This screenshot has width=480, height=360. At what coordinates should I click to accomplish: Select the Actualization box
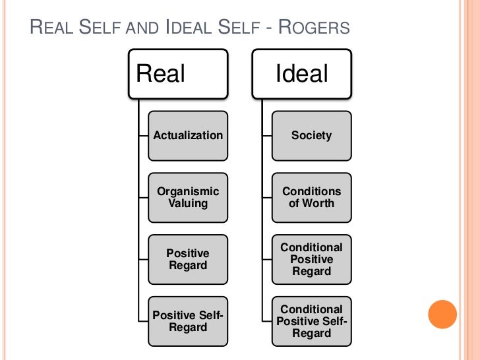click(188, 136)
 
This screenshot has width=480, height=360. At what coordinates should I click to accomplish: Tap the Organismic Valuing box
click(188, 197)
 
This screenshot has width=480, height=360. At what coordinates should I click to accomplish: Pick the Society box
click(311, 136)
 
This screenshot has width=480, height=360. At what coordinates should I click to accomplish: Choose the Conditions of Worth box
click(311, 197)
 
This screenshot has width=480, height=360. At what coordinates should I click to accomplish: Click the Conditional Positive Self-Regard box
click(311, 321)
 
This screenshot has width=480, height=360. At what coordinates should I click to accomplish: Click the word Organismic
click(188, 191)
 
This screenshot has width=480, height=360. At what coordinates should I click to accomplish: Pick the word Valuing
click(188, 203)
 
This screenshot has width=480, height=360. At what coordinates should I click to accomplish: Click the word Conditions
click(311, 191)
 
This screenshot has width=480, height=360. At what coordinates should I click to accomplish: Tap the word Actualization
click(188, 136)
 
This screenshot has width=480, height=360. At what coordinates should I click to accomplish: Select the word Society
click(311, 136)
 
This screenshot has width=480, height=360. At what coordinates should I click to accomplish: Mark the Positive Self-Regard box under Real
click(188, 321)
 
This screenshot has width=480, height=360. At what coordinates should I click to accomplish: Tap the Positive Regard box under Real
click(188, 259)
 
